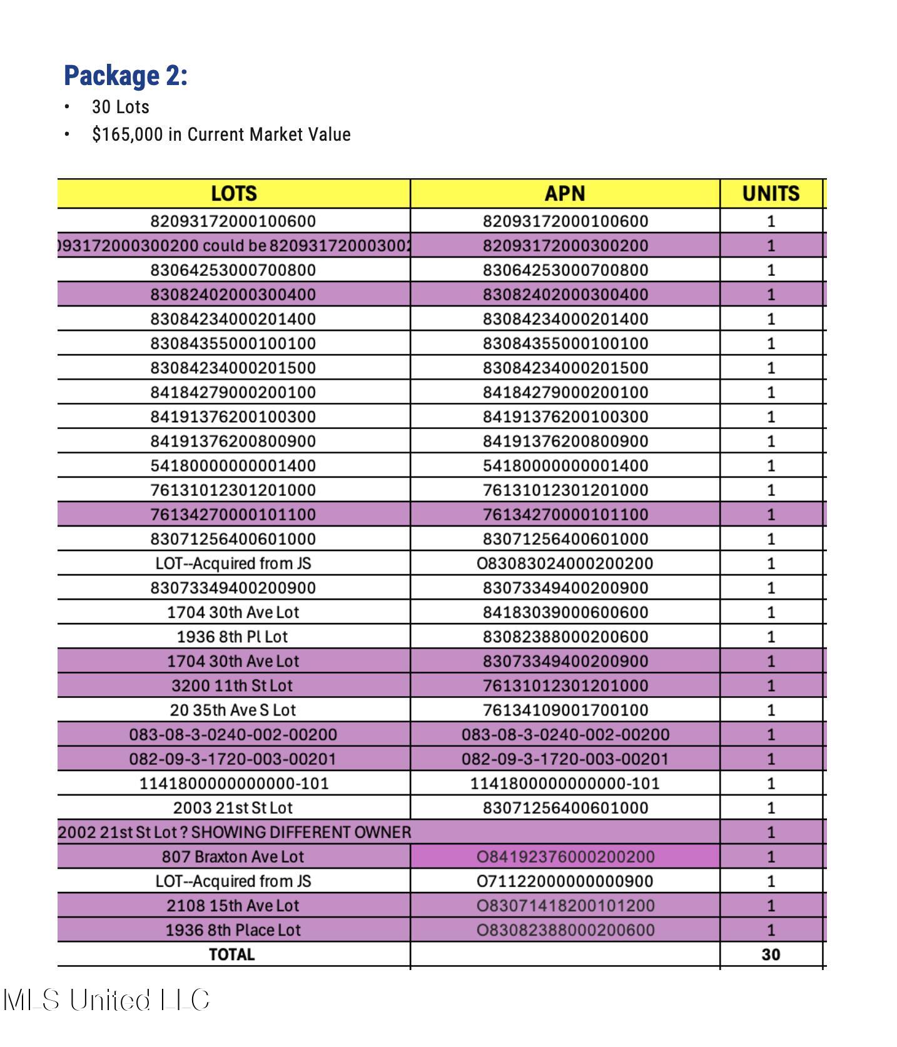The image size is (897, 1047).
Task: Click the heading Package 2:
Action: coord(126,76)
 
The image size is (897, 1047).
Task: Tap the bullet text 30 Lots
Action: coord(120,107)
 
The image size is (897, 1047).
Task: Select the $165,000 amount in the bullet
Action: coord(127,134)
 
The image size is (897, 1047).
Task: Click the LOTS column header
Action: coord(233,193)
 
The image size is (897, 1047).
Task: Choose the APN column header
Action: coord(565,193)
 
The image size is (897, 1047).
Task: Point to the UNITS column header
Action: coord(771,193)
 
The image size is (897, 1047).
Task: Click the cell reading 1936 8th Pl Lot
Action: coord(232,637)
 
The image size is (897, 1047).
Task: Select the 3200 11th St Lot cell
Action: coord(232,685)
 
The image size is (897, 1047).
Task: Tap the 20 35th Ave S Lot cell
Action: coord(233,710)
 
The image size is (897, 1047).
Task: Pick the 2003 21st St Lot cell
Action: coord(233,807)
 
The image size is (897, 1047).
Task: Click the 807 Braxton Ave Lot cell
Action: coord(233,856)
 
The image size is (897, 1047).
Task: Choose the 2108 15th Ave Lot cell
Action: coord(233,905)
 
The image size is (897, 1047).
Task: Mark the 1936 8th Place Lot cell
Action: coord(233,929)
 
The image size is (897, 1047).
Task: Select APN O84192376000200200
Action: coord(565,856)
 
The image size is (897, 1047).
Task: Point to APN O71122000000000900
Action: coord(565,881)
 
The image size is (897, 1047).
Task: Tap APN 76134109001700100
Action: coord(565,710)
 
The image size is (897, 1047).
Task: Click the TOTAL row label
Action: coord(232,954)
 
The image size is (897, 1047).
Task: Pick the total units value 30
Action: coord(771,954)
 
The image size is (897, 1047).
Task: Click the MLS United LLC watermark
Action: coord(106,999)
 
